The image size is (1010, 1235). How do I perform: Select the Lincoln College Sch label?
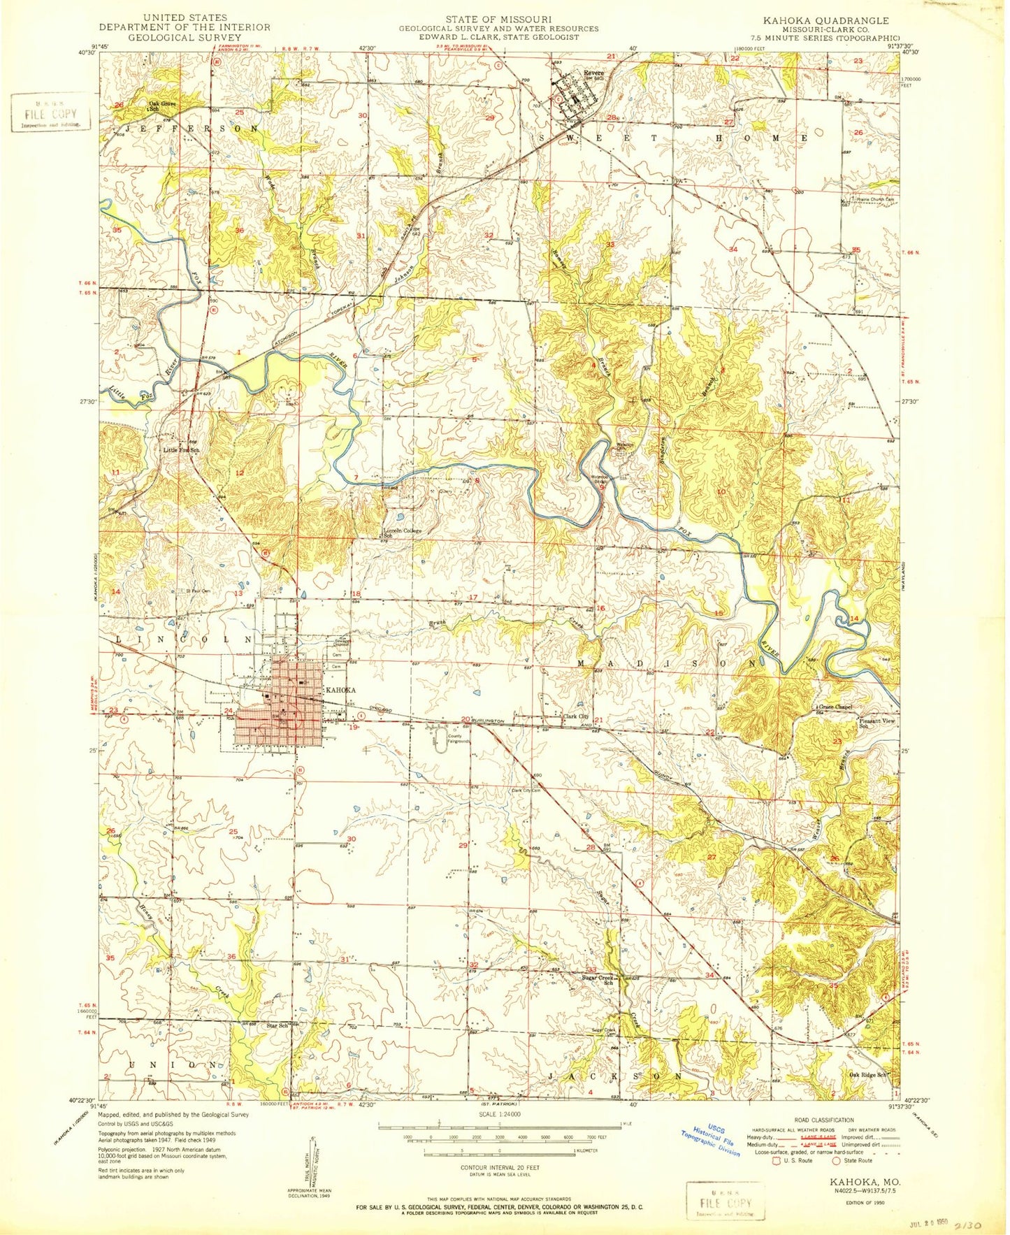[402, 533]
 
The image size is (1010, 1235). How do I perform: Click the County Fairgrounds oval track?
[439, 744]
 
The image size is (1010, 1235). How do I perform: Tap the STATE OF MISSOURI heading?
[499, 19]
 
